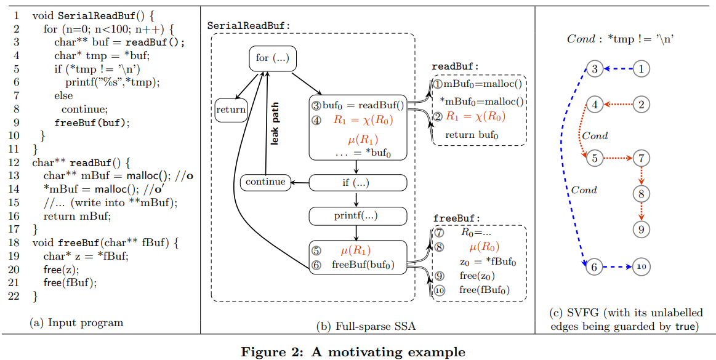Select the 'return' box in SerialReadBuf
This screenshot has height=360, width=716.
point(230,110)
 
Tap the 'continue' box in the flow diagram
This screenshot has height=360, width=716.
point(265,182)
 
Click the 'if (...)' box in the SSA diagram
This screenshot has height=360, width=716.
point(357,183)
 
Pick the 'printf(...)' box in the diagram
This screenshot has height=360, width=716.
point(357,215)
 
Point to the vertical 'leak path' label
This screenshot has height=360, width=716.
point(275,123)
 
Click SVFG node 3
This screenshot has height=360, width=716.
point(594,69)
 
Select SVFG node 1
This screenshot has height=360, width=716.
point(641,69)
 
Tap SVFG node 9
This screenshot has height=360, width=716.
point(641,230)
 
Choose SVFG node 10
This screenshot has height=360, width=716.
point(641,267)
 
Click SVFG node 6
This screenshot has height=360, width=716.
point(594,267)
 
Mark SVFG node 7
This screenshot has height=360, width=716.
point(641,158)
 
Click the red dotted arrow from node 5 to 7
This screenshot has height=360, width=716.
point(617,158)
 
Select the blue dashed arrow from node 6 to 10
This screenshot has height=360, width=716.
point(617,267)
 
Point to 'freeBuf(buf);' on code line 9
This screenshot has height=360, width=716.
point(92,122)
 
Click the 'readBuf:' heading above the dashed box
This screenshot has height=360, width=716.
point(455,66)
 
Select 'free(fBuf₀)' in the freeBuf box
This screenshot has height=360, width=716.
point(485,290)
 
